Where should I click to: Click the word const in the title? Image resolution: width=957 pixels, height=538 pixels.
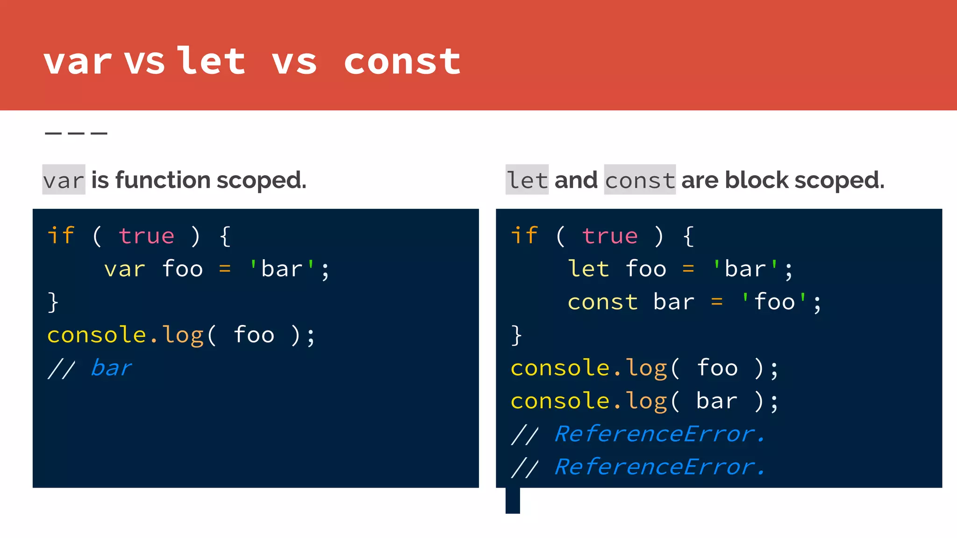click(x=402, y=62)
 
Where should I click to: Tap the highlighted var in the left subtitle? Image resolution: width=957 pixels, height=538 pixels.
click(x=64, y=180)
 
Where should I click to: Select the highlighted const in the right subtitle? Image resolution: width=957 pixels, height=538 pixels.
click(x=640, y=180)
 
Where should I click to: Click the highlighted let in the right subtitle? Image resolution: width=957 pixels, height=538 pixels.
click(x=527, y=180)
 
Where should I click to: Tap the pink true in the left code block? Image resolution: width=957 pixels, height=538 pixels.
click(x=147, y=236)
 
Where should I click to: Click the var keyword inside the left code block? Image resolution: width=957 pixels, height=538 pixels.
click(x=125, y=269)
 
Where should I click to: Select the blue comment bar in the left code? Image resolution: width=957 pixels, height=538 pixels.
click(x=111, y=368)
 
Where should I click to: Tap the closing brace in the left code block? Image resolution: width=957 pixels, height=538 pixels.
click(x=53, y=302)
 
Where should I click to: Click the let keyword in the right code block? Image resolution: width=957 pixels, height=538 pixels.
click(x=588, y=269)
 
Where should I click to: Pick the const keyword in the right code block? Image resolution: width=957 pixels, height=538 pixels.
click(x=603, y=302)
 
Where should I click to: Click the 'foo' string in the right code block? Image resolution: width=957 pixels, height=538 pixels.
click(x=774, y=302)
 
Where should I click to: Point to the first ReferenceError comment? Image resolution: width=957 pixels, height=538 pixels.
click(x=659, y=434)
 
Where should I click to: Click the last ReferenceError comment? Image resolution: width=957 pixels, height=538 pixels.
click(x=659, y=467)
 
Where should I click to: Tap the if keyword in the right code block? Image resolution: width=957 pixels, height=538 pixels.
click(x=524, y=236)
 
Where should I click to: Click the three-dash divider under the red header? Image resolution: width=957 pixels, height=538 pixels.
click(x=76, y=134)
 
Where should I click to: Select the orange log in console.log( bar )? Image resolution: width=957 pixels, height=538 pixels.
click(x=647, y=402)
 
